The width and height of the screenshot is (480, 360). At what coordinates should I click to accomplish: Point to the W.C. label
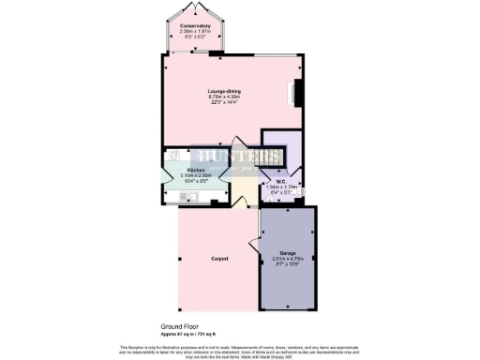tap(279, 180)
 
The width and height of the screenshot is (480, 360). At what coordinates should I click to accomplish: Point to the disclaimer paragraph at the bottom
tap(240, 351)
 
